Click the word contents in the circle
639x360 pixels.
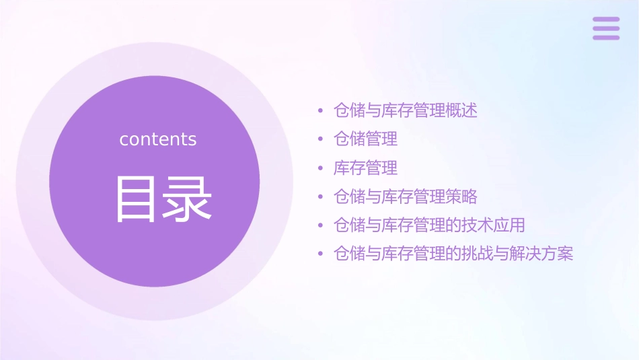tap(158, 139)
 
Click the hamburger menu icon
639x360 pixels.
tap(606, 28)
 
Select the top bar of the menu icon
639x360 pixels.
tap(606, 20)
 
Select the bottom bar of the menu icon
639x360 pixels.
tap(606, 37)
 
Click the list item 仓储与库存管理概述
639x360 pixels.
tap(406, 110)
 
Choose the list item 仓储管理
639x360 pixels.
tap(365, 139)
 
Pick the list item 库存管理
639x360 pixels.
tap(365, 168)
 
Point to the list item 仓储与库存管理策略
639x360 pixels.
tap(406, 196)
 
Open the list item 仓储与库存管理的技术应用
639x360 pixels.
tap(429, 225)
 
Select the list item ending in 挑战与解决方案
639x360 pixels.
tap(453, 254)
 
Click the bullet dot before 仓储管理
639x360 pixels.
tap(320, 139)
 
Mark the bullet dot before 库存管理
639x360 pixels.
tap(320, 168)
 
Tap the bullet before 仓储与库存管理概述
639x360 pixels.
tap(320, 111)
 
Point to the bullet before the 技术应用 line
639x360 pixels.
tap(320, 225)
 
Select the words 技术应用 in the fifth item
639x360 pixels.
tap(493, 225)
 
